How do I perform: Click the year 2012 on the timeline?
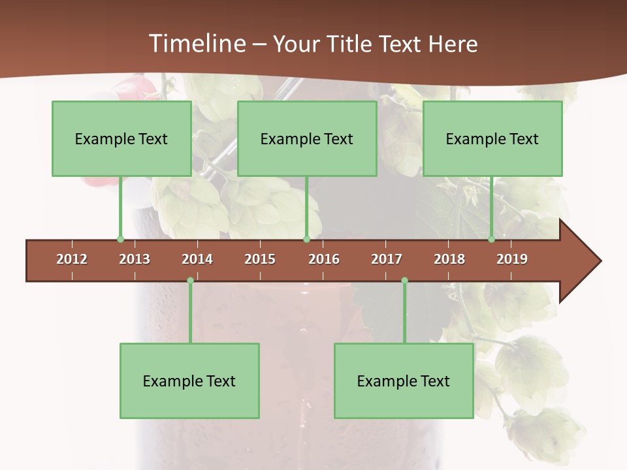(x=72, y=259)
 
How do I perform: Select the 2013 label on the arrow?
(x=135, y=259)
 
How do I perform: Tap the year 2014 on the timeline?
(x=197, y=259)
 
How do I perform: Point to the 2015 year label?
(x=260, y=259)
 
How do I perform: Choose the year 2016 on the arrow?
(x=324, y=259)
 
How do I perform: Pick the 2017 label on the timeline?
(x=387, y=259)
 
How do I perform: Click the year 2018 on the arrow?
(x=449, y=259)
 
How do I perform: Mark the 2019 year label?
(x=512, y=259)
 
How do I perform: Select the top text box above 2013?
(x=121, y=138)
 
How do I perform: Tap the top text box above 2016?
(x=307, y=138)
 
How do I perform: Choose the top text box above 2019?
(x=492, y=138)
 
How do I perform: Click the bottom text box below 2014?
(x=189, y=381)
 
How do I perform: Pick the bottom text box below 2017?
(x=404, y=381)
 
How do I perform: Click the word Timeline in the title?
(x=196, y=44)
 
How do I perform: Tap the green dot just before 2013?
(x=120, y=240)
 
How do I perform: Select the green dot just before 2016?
(x=306, y=240)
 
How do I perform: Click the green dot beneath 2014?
(x=190, y=281)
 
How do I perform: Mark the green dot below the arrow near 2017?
(x=404, y=281)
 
